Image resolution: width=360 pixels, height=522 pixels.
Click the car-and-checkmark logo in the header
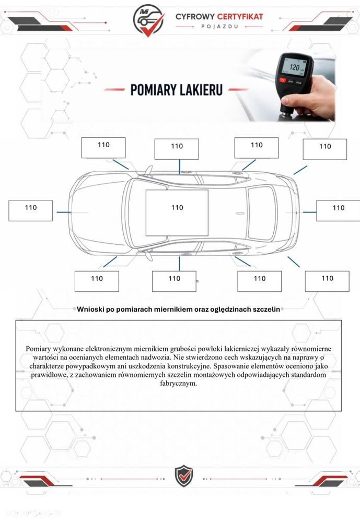pos(148,20)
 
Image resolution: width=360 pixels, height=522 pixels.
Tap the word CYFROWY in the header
pos(195,16)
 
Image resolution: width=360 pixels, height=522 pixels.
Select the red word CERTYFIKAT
pos(240,16)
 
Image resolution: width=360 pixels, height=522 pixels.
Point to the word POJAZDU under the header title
pos(219,27)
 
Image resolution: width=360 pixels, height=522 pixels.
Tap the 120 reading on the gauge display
pos(294,67)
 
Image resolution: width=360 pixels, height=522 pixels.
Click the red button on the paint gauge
pos(283,80)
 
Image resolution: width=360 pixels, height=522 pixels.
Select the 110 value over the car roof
pos(177,208)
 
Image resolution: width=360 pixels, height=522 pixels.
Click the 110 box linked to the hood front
pos(31,210)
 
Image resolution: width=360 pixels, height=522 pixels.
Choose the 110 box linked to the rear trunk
pos(338,211)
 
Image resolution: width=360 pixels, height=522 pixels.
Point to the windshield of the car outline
pos(135,213)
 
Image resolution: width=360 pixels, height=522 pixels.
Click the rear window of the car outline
pos(262,213)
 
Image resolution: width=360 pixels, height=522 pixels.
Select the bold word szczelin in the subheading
pos(266,310)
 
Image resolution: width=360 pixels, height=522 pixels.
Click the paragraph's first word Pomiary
pos(38,349)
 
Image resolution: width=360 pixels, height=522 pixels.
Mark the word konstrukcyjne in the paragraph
pos(189,366)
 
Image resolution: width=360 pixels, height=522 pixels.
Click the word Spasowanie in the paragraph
pos(230,366)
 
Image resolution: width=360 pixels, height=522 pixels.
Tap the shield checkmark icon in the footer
pos(184,476)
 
